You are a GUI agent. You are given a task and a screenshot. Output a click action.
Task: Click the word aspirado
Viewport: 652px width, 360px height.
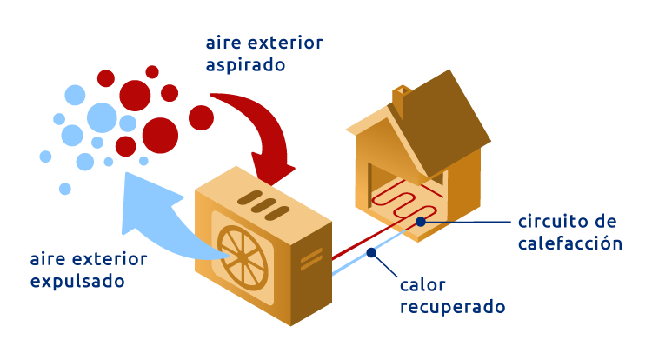pos(246,65)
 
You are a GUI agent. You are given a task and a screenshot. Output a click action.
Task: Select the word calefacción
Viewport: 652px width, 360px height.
pos(570,243)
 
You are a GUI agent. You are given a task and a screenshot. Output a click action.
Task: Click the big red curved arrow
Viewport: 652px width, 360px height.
pos(261,130)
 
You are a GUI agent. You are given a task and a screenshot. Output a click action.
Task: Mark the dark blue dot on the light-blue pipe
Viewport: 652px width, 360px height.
pos(371,253)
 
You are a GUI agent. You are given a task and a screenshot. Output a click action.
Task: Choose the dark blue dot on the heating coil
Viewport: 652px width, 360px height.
pos(421,222)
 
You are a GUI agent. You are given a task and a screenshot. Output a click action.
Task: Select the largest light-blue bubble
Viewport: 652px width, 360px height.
pos(102,117)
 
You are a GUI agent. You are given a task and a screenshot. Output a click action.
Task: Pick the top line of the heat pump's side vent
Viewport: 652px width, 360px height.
pos(311,253)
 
